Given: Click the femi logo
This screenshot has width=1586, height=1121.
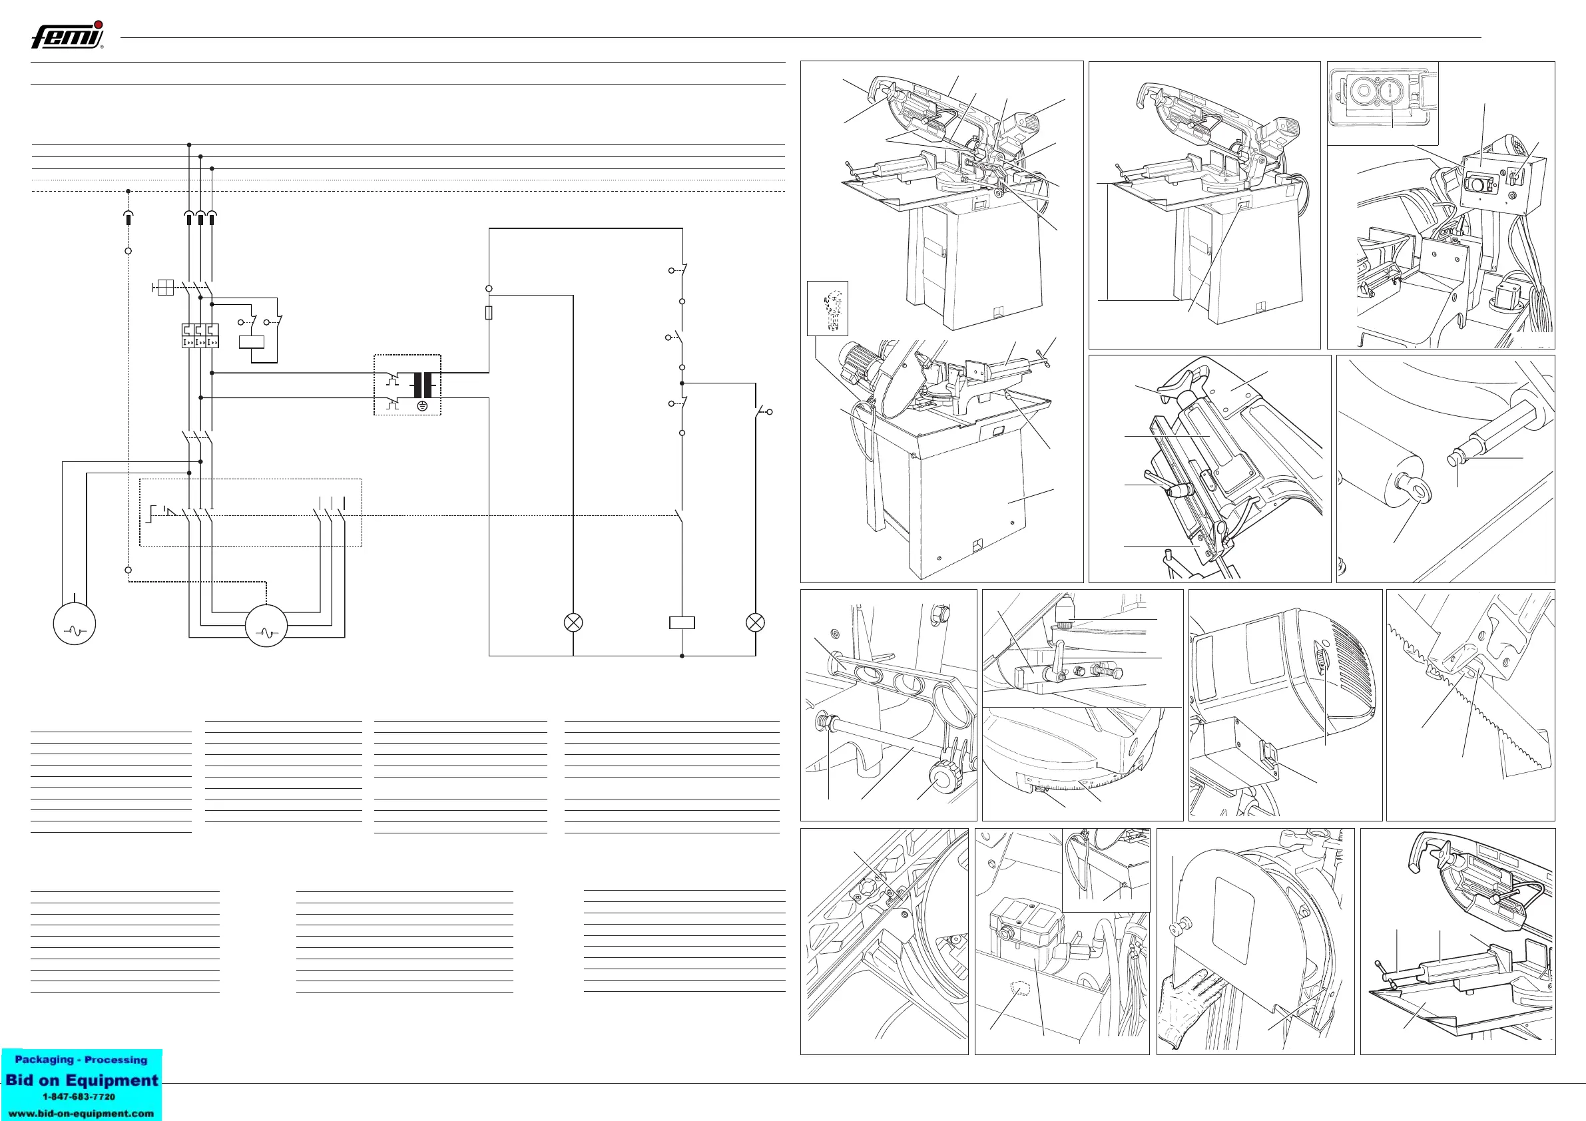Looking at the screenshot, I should coord(67,35).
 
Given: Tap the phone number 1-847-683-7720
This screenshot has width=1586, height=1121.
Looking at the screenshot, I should coord(79,1097).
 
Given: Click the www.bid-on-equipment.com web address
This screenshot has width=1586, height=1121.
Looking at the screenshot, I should coord(81,1114).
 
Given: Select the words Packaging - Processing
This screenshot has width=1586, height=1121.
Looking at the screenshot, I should coord(81,1060).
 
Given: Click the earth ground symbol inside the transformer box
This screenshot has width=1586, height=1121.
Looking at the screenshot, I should coord(422,405).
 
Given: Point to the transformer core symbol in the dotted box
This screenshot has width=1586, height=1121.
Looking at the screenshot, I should coord(423,384).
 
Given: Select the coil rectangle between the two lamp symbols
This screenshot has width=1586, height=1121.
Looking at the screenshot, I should coord(682,623).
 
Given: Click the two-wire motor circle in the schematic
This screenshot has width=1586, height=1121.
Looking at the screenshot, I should coord(74,624).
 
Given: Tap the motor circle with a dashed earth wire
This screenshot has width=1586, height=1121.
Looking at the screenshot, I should coord(266,625).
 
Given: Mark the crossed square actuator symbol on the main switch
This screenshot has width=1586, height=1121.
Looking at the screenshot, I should coord(164,288).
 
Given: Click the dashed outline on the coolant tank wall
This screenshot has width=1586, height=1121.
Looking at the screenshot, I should coord(1019,989).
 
